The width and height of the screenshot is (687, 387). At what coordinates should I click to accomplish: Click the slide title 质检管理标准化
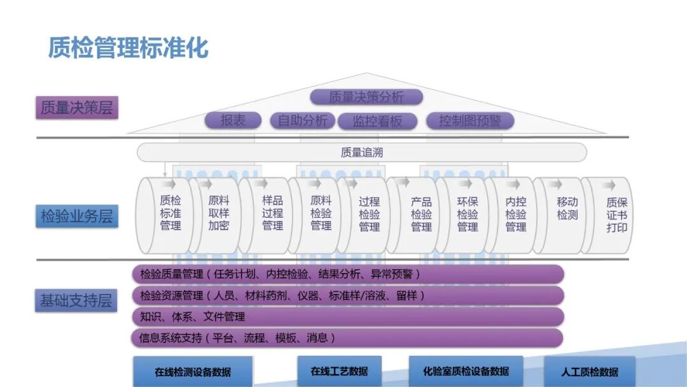tap(128, 47)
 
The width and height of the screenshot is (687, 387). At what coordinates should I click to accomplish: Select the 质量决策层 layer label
tap(76, 108)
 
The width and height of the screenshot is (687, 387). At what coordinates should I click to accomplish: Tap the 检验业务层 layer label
tap(76, 216)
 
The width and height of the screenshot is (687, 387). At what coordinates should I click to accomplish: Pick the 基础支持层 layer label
tap(76, 300)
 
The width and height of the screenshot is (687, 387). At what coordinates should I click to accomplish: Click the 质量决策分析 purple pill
tap(366, 97)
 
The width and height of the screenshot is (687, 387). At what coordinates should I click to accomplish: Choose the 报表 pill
tap(233, 120)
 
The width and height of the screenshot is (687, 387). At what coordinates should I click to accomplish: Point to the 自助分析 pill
tap(303, 120)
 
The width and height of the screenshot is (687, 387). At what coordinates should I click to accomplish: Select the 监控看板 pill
tap(377, 121)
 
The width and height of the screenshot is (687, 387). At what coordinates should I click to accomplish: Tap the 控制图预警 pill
tap(469, 120)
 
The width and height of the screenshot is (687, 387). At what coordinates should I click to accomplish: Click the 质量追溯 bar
tap(361, 152)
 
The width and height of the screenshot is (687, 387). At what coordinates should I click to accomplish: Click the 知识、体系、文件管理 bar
tap(347, 316)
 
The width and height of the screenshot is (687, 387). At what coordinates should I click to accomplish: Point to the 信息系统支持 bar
tap(347, 337)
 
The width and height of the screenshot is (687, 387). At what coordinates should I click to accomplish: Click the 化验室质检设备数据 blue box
tap(466, 371)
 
